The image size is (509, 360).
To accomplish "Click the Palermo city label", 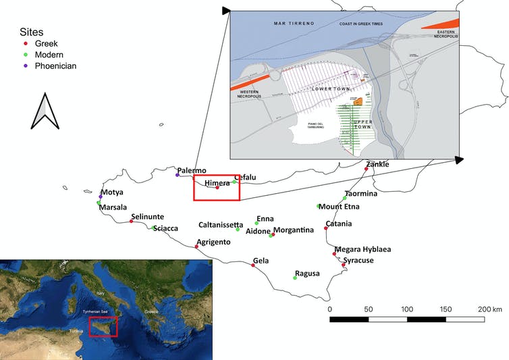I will (192, 171).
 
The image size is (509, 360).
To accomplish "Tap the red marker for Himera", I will (217, 187).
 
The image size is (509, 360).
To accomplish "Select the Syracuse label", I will (358, 260).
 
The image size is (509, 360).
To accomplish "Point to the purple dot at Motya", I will (101, 197).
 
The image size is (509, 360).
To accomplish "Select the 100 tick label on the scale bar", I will (407, 309).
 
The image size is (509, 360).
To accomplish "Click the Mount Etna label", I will (339, 207).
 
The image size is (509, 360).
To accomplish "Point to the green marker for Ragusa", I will (295, 278).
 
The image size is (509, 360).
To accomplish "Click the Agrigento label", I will (213, 242).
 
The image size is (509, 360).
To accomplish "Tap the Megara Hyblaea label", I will (363, 249).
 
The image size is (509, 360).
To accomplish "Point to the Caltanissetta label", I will (221, 224).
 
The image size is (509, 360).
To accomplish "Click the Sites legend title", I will (30, 32).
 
